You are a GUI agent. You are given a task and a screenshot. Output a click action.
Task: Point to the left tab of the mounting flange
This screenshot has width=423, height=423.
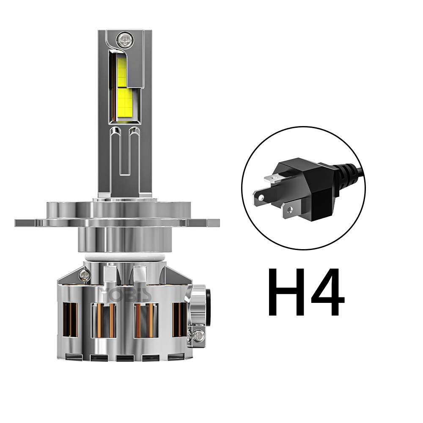[30, 222]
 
